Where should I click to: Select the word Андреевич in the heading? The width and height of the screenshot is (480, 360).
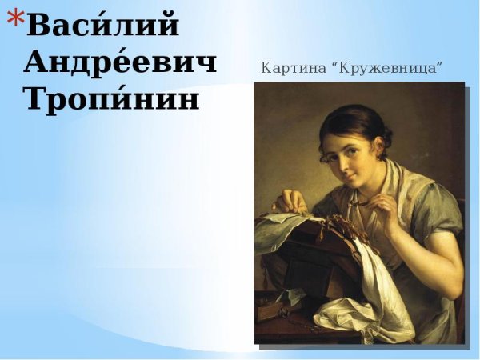(120, 62)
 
